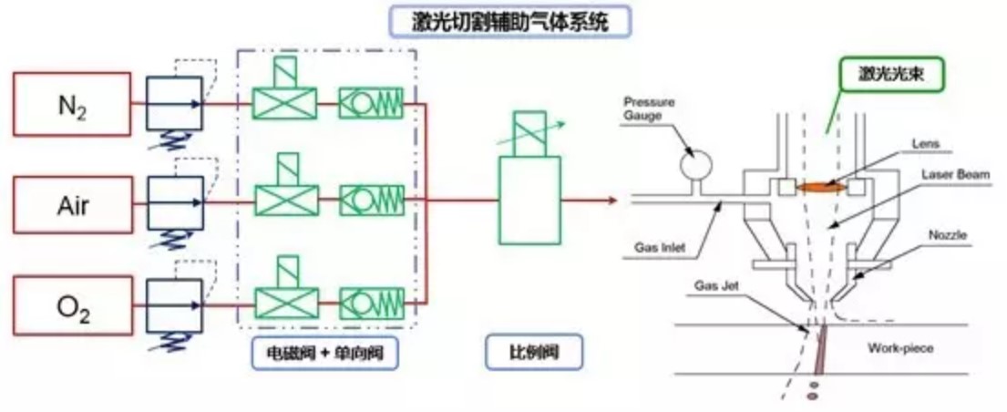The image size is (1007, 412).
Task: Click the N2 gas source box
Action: pos(72,104)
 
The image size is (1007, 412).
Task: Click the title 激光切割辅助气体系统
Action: pos(510,20)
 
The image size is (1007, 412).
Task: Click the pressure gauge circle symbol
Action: pos(696,165)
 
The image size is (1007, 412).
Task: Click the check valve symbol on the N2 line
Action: pos(371,103)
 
